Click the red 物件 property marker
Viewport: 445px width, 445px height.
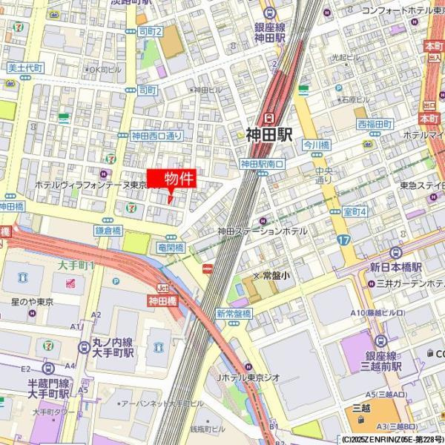175,179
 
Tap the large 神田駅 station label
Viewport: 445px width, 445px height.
269,134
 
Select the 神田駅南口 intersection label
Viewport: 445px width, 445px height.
262,164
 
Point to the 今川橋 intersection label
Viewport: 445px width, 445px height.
316,146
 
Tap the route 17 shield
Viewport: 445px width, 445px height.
343,240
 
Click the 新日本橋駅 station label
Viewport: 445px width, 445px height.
396,267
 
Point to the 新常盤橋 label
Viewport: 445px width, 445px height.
234,314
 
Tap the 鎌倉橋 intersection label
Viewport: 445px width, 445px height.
108,231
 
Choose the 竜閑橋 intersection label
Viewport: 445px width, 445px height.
171,247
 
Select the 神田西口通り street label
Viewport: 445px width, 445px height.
156,136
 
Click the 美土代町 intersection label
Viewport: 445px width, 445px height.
26,67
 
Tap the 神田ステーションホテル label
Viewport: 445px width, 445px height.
262,231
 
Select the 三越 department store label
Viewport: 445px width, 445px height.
361,407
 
